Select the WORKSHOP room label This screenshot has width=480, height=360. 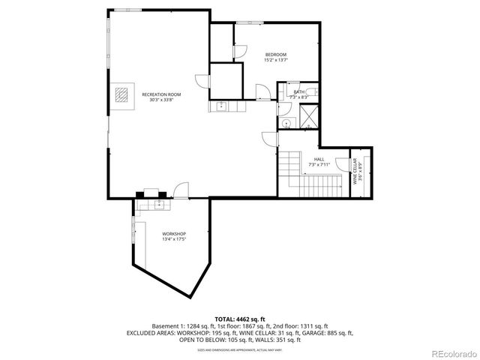click(x=174, y=234)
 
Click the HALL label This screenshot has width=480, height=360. click(x=319, y=159)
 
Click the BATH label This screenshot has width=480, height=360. click(x=298, y=92)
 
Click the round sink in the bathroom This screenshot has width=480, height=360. click(x=286, y=123)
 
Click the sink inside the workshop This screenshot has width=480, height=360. click(x=159, y=202)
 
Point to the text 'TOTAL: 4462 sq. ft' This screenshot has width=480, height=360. click(x=240, y=319)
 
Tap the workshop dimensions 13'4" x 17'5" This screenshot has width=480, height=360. click(x=174, y=240)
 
